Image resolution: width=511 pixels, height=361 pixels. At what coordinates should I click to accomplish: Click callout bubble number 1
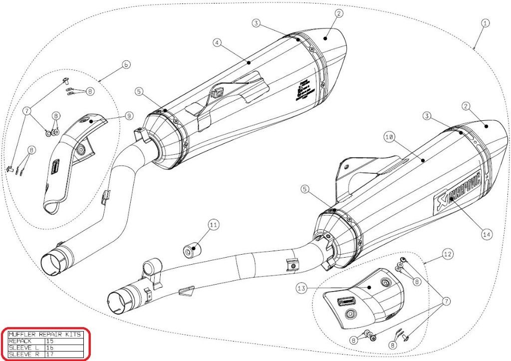[485, 22]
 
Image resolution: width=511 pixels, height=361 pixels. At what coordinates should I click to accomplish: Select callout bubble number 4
[217, 43]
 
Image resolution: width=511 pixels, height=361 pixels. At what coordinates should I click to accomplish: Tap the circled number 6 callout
[126, 65]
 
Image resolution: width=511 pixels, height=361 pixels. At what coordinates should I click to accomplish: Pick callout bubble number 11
[214, 225]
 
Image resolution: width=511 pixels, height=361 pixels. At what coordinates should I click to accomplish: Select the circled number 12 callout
[448, 254]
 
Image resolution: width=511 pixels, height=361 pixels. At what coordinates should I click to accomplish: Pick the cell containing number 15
[50, 341]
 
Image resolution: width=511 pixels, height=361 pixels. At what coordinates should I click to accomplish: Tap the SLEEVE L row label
[22, 348]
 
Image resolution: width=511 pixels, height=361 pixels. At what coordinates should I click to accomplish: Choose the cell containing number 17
[50, 354]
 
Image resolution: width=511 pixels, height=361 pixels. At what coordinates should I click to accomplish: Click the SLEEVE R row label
[22, 354]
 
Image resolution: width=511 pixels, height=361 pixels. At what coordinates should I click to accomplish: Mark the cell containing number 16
[50, 348]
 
